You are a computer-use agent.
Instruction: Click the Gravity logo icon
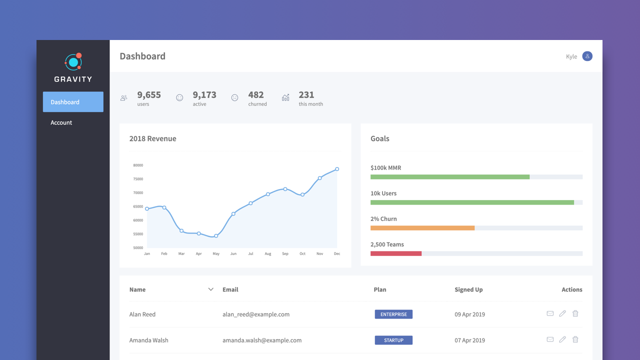click(x=73, y=62)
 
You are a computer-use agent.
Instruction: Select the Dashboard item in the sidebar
click(x=73, y=102)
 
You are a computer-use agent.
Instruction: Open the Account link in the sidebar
click(x=61, y=122)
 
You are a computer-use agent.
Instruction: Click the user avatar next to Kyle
click(x=587, y=56)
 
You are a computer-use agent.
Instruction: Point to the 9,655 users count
click(x=149, y=95)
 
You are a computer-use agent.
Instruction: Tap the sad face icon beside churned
click(x=234, y=98)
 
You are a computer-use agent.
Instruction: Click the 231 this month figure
click(x=306, y=95)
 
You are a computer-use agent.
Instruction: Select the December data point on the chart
click(x=337, y=169)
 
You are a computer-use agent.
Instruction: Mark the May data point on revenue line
click(x=216, y=236)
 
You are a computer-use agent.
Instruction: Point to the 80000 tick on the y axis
click(x=138, y=165)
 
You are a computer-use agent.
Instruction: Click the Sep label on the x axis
click(x=285, y=254)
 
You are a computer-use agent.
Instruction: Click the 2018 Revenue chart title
click(x=152, y=138)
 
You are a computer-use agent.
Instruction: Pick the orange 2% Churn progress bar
click(x=422, y=228)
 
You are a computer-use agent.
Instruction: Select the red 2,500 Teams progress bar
click(x=396, y=253)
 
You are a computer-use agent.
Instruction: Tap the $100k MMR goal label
click(x=385, y=168)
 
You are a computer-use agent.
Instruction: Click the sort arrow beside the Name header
click(x=210, y=289)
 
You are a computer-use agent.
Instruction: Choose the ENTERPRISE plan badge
click(x=393, y=314)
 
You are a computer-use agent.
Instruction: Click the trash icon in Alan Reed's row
click(x=575, y=313)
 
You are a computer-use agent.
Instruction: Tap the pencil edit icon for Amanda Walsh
click(x=562, y=339)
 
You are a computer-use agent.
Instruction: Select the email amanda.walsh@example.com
click(x=262, y=340)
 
